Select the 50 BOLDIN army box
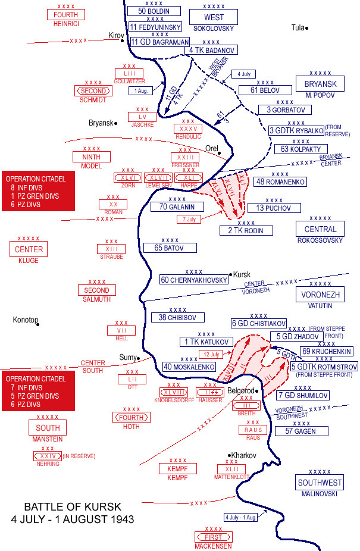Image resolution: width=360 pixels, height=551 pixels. tap(154, 11)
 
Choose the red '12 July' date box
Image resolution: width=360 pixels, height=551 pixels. tap(211, 354)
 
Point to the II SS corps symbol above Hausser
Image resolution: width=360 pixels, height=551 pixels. tap(209, 392)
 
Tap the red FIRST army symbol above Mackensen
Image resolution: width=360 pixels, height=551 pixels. tap(213, 537)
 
